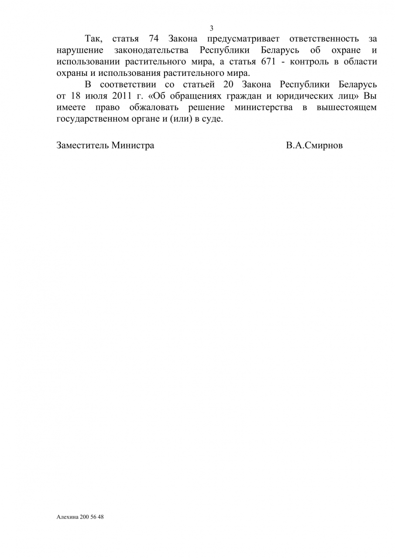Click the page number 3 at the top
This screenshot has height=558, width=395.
[212, 28]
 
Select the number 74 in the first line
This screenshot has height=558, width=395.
[154, 39]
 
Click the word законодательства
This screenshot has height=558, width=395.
[151, 51]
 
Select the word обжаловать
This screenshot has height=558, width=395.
[151, 107]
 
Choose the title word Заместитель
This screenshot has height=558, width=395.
[82, 146]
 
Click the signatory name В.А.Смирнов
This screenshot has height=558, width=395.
[314, 146]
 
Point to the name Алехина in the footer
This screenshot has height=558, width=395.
[67, 517]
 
